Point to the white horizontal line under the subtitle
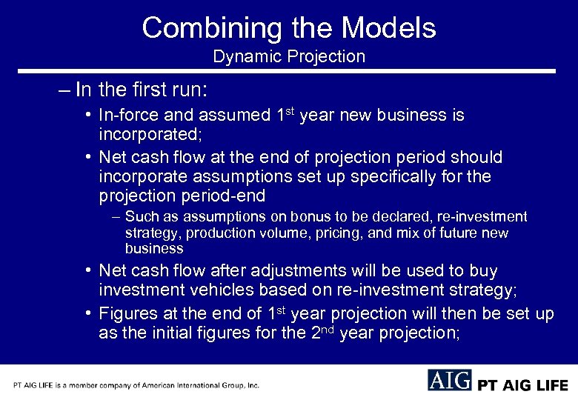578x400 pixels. coord(288,71)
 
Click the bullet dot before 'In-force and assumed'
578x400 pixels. coord(88,116)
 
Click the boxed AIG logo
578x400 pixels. coord(449,380)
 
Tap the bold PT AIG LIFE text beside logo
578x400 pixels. coord(522,385)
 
